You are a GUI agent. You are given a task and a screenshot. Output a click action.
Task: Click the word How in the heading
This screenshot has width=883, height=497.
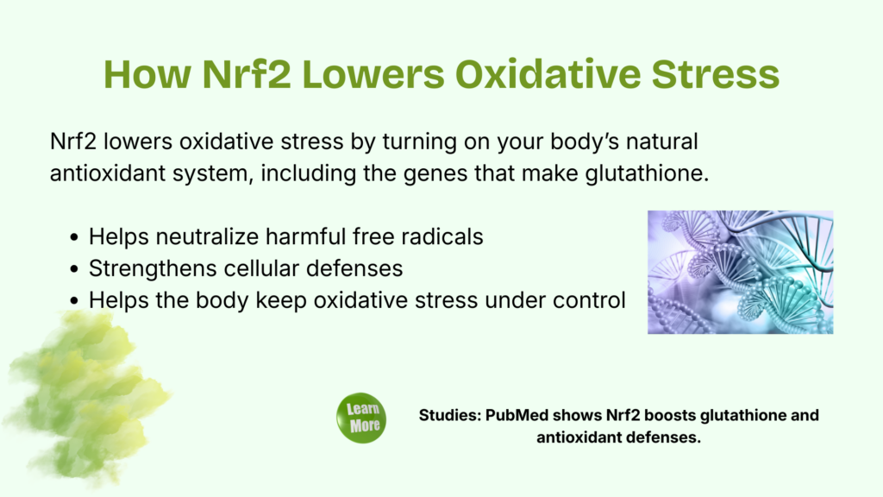147,74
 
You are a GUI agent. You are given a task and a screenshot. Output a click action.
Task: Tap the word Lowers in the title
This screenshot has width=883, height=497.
373,74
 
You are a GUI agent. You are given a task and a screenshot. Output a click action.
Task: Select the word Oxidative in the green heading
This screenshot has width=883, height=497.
548,74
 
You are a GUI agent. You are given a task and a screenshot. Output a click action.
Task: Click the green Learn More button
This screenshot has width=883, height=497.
361,418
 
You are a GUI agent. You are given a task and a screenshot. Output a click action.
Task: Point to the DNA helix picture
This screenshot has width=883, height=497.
740,272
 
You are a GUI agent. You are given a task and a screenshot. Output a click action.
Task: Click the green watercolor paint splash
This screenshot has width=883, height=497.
85,394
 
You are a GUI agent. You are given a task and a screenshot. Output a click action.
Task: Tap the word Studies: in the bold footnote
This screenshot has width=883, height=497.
450,415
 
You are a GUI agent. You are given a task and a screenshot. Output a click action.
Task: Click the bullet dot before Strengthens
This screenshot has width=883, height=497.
74,269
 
